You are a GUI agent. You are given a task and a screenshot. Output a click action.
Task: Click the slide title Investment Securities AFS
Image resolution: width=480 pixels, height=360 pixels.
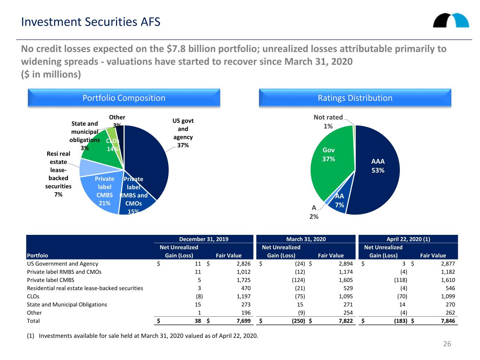click(90, 22)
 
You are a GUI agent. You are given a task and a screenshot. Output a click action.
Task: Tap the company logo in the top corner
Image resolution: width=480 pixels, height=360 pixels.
click(451, 20)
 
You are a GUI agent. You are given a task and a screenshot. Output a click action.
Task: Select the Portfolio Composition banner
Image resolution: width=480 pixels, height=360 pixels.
click(124, 98)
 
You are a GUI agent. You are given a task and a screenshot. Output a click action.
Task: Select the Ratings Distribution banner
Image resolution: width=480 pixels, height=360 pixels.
click(355, 98)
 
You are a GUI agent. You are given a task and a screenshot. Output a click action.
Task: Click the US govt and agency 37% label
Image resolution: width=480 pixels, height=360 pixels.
click(183, 133)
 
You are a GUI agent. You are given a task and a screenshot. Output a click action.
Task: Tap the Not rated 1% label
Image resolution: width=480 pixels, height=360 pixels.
click(328, 122)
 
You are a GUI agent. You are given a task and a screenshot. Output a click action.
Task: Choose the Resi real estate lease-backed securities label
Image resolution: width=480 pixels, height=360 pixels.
click(58, 174)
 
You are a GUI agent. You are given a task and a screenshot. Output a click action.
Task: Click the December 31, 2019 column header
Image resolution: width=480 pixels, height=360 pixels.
click(204, 239)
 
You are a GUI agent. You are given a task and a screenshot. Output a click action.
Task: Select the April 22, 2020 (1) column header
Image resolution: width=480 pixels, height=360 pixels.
click(408, 239)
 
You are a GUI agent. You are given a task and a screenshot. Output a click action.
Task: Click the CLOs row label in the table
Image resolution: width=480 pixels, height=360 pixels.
click(33, 296)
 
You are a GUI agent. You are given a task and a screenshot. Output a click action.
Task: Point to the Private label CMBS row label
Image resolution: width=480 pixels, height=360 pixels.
click(51, 280)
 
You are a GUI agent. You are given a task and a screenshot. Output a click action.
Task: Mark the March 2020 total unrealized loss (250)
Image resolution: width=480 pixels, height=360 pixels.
click(298, 321)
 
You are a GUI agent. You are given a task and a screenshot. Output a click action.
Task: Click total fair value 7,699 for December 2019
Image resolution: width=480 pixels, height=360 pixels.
click(243, 321)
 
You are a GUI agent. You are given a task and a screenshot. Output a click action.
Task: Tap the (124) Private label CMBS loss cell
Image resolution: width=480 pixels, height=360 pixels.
click(298, 280)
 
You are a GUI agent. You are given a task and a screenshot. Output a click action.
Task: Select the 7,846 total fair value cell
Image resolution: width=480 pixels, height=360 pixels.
click(448, 321)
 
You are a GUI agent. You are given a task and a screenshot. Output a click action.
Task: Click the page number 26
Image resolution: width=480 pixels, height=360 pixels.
click(447, 343)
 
